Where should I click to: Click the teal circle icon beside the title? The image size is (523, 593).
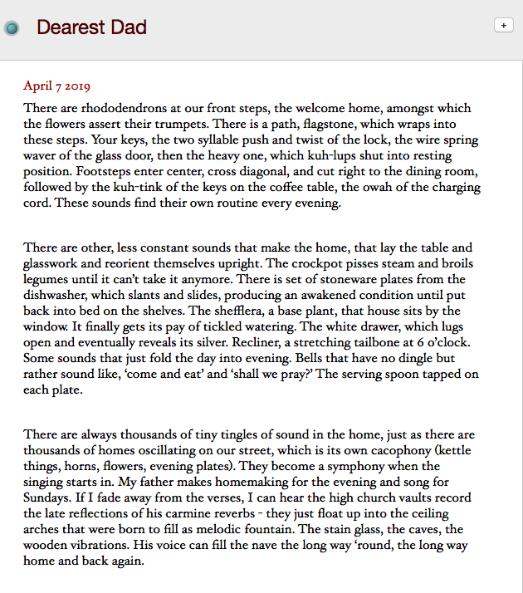12,28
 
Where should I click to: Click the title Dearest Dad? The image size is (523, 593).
91,27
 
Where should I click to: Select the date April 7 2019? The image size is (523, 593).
56,86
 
